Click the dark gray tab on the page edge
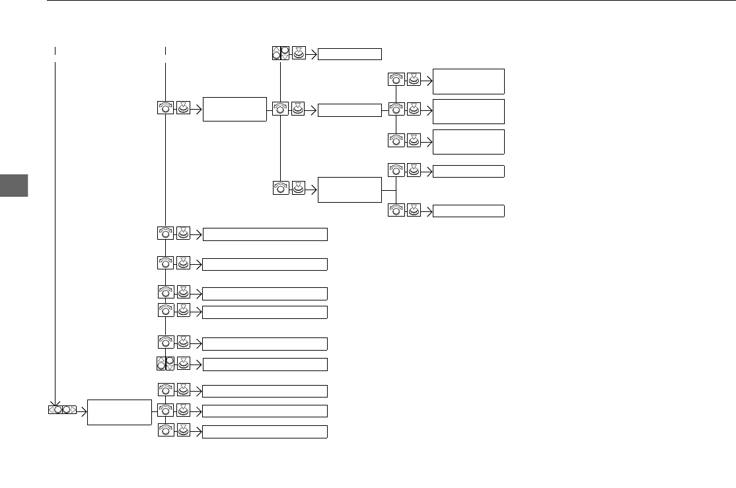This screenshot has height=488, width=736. click(x=14, y=186)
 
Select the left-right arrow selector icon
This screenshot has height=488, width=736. click(x=61, y=409)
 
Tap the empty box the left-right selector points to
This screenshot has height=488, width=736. click(x=119, y=412)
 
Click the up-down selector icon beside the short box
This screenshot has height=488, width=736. click(x=281, y=53)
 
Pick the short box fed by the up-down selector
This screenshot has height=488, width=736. click(x=350, y=54)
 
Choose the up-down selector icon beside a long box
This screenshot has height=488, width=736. click(x=165, y=363)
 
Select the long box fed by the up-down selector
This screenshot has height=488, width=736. click(x=264, y=365)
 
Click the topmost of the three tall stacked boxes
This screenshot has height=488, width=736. click(x=468, y=81)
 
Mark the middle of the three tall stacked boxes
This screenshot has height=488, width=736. click(x=468, y=112)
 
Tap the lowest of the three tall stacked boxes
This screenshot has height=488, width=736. click(x=468, y=142)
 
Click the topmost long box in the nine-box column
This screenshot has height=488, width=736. click(x=264, y=234)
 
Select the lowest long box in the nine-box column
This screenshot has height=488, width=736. click(x=264, y=432)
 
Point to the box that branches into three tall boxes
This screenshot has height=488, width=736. click(x=350, y=110)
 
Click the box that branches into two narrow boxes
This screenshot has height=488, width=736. click(x=350, y=190)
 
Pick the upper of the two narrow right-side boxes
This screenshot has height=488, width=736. click(x=468, y=171)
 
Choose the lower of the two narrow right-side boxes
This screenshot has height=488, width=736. click(x=468, y=211)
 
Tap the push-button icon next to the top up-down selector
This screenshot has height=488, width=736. click(x=299, y=53)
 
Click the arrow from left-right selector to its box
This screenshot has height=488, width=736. click(x=82, y=409)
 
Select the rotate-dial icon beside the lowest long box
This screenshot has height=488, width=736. click(x=165, y=431)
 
